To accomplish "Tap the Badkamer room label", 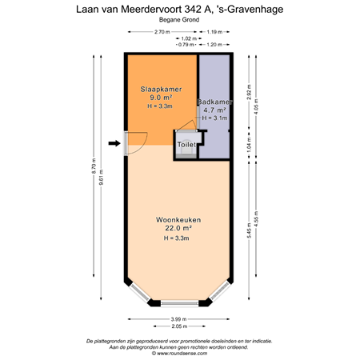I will [x=214, y=102].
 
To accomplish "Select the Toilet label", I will [x=186, y=144].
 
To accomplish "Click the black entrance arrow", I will [x=114, y=143].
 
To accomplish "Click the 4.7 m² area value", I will [x=214, y=110].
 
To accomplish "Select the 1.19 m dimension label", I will [x=214, y=32].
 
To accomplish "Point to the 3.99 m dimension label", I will [x=179, y=320].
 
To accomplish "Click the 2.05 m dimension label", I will [x=179, y=327].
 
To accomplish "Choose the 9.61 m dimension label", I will [x=101, y=180].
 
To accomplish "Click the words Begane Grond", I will [x=179, y=20].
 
